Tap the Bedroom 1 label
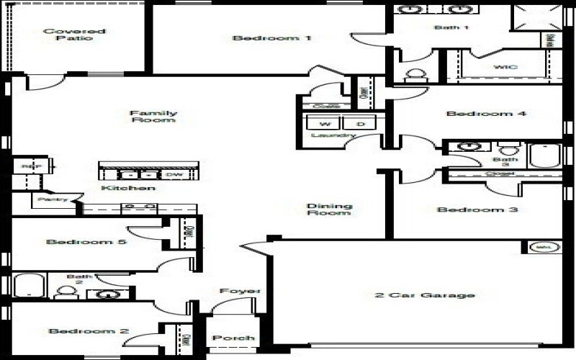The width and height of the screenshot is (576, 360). (x=272, y=38)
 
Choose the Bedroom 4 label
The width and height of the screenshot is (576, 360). (x=476, y=114)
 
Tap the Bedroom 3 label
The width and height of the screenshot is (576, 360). (x=467, y=210)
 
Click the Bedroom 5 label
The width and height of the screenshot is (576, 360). (x=86, y=242)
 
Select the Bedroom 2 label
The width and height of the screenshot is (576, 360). (x=89, y=331)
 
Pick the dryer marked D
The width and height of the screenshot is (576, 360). (x=360, y=123)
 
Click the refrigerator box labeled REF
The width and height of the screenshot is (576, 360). (x=29, y=166)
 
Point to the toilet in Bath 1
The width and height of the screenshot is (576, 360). (x=415, y=75)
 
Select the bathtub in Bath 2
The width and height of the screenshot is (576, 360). (x=29, y=287)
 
